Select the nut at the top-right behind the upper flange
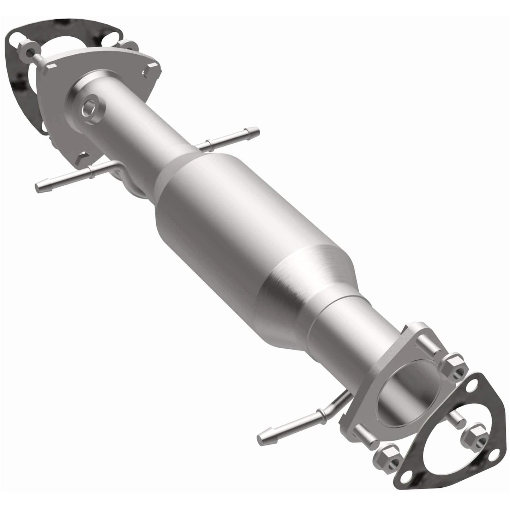pyautogui.click(x=131, y=45)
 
